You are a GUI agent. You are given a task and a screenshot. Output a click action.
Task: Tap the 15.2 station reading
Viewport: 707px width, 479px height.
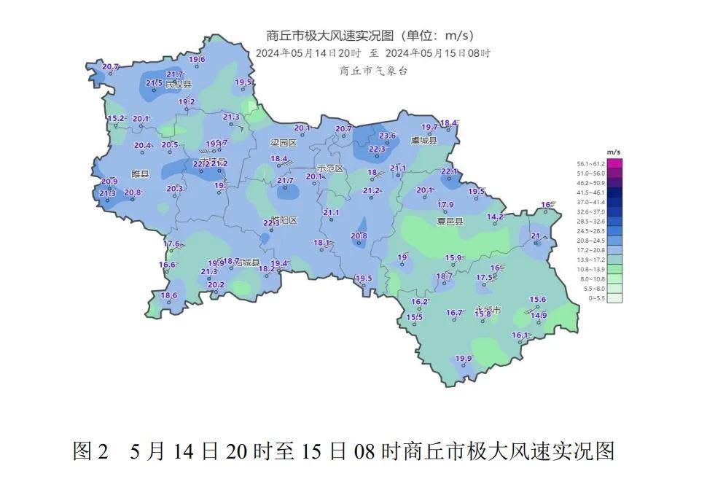click(116, 118)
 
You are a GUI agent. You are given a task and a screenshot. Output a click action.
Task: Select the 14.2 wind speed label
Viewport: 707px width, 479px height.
click(495, 217)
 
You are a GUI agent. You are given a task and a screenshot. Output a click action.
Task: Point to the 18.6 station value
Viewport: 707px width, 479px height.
click(169, 295)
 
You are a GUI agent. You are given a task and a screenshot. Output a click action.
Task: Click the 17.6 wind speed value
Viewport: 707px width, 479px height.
click(172, 244)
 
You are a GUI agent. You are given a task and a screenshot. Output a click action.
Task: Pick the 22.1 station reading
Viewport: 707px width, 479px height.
click(450, 171)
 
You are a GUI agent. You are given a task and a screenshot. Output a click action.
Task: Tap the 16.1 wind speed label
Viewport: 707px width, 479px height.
click(520, 335)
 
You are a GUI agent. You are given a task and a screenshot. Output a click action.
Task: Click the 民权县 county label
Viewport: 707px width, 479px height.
click(177, 85)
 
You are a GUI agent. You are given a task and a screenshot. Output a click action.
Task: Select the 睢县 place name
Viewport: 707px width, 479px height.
click(139, 174)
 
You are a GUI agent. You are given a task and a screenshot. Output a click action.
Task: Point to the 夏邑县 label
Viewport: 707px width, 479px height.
click(450, 220)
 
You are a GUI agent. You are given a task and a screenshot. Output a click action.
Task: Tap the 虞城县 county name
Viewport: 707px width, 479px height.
click(423, 140)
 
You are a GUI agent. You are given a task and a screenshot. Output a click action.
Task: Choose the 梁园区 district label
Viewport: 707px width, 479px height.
click(284, 143)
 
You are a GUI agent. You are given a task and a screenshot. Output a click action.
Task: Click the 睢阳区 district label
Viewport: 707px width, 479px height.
click(283, 220)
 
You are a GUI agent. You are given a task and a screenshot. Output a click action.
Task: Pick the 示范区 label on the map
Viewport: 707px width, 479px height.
click(329, 168)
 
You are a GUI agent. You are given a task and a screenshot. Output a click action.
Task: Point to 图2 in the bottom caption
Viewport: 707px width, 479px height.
click(90, 451)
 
